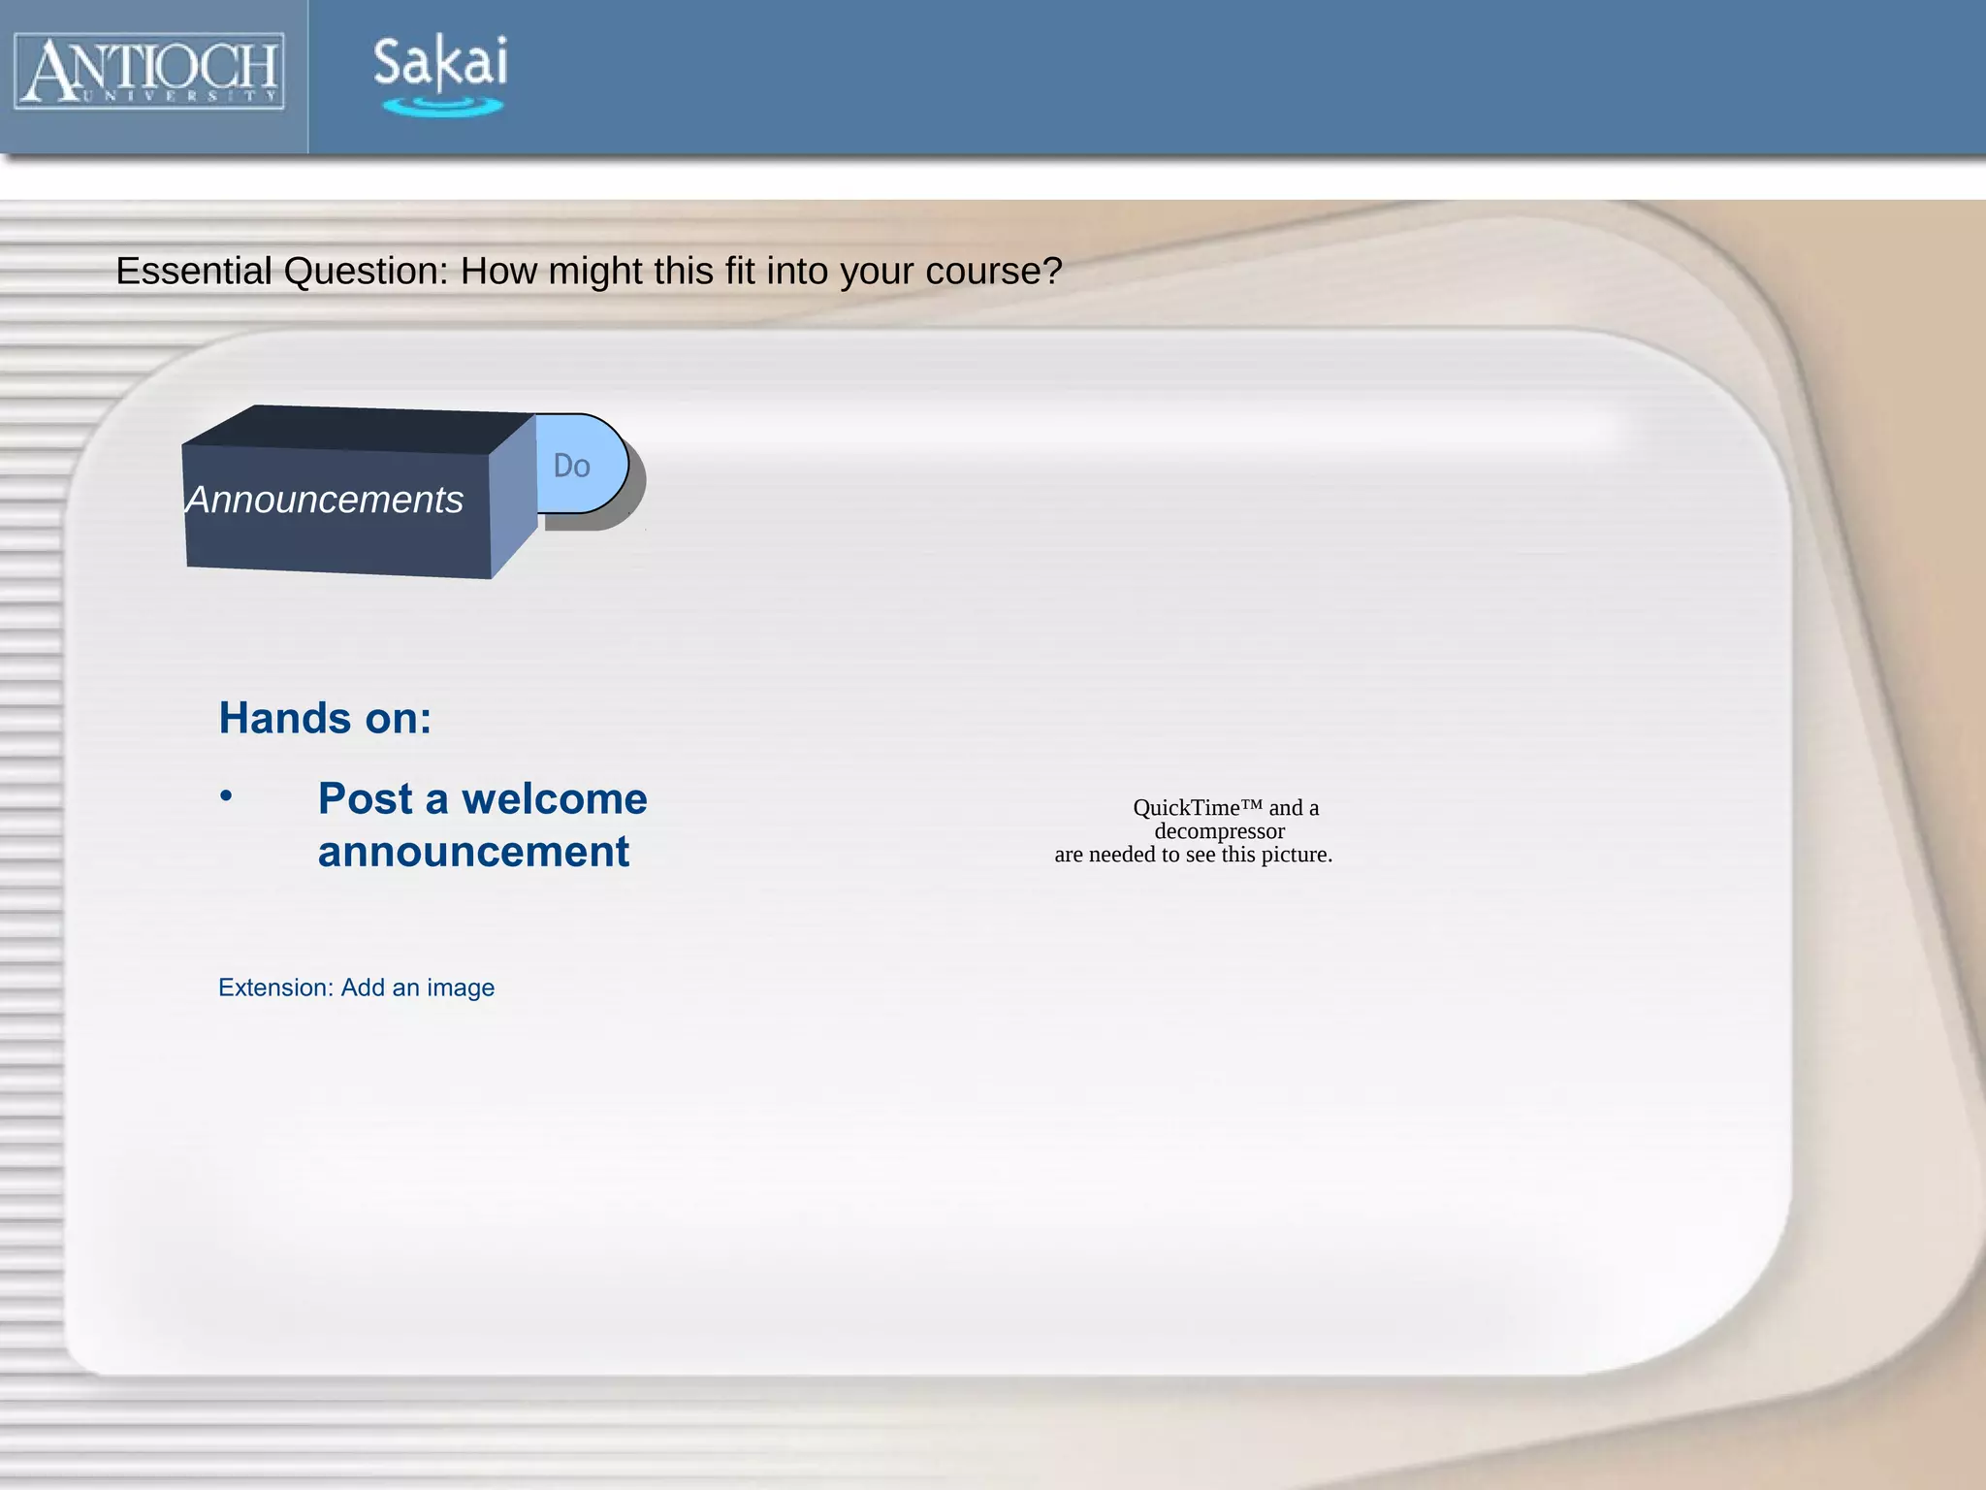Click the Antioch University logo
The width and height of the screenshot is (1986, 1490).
(149, 71)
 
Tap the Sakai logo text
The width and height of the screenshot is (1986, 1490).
(440, 61)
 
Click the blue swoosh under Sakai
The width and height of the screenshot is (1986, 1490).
(442, 106)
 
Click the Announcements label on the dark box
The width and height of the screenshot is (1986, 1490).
(325, 501)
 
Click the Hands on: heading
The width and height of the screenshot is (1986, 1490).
(325, 719)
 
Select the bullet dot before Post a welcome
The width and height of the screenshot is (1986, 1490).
(226, 796)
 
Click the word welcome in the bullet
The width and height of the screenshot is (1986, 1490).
(554, 799)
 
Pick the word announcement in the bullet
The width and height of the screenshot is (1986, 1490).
(473, 852)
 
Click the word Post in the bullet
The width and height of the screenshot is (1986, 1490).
(366, 799)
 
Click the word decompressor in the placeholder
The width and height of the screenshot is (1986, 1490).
(1219, 831)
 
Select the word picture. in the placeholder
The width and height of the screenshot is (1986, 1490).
(1297, 855)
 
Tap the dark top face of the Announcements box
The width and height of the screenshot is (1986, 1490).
(359, 429)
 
